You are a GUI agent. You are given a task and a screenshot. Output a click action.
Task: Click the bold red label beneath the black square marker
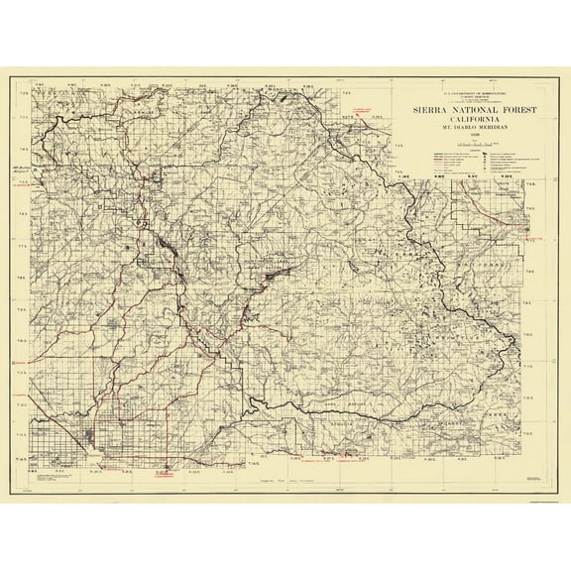tap(164, 476)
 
